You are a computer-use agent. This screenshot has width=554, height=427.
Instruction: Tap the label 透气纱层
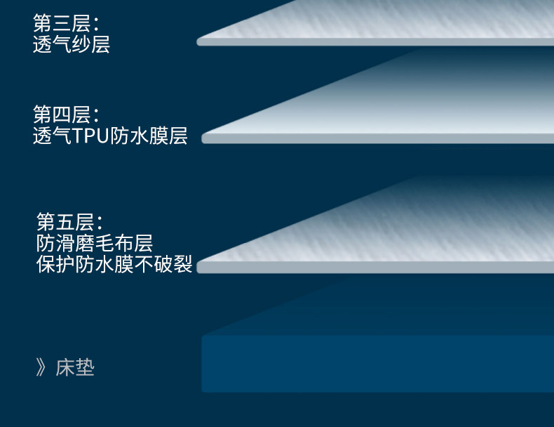coord(71,44)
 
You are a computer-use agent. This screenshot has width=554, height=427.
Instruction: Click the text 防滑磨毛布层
coord(94,244)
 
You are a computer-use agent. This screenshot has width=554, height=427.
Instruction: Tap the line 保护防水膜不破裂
coord(114,265)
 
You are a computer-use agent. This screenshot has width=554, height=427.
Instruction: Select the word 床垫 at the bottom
coord(75,367)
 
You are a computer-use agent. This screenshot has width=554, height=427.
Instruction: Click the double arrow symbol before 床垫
coord(41,367)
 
